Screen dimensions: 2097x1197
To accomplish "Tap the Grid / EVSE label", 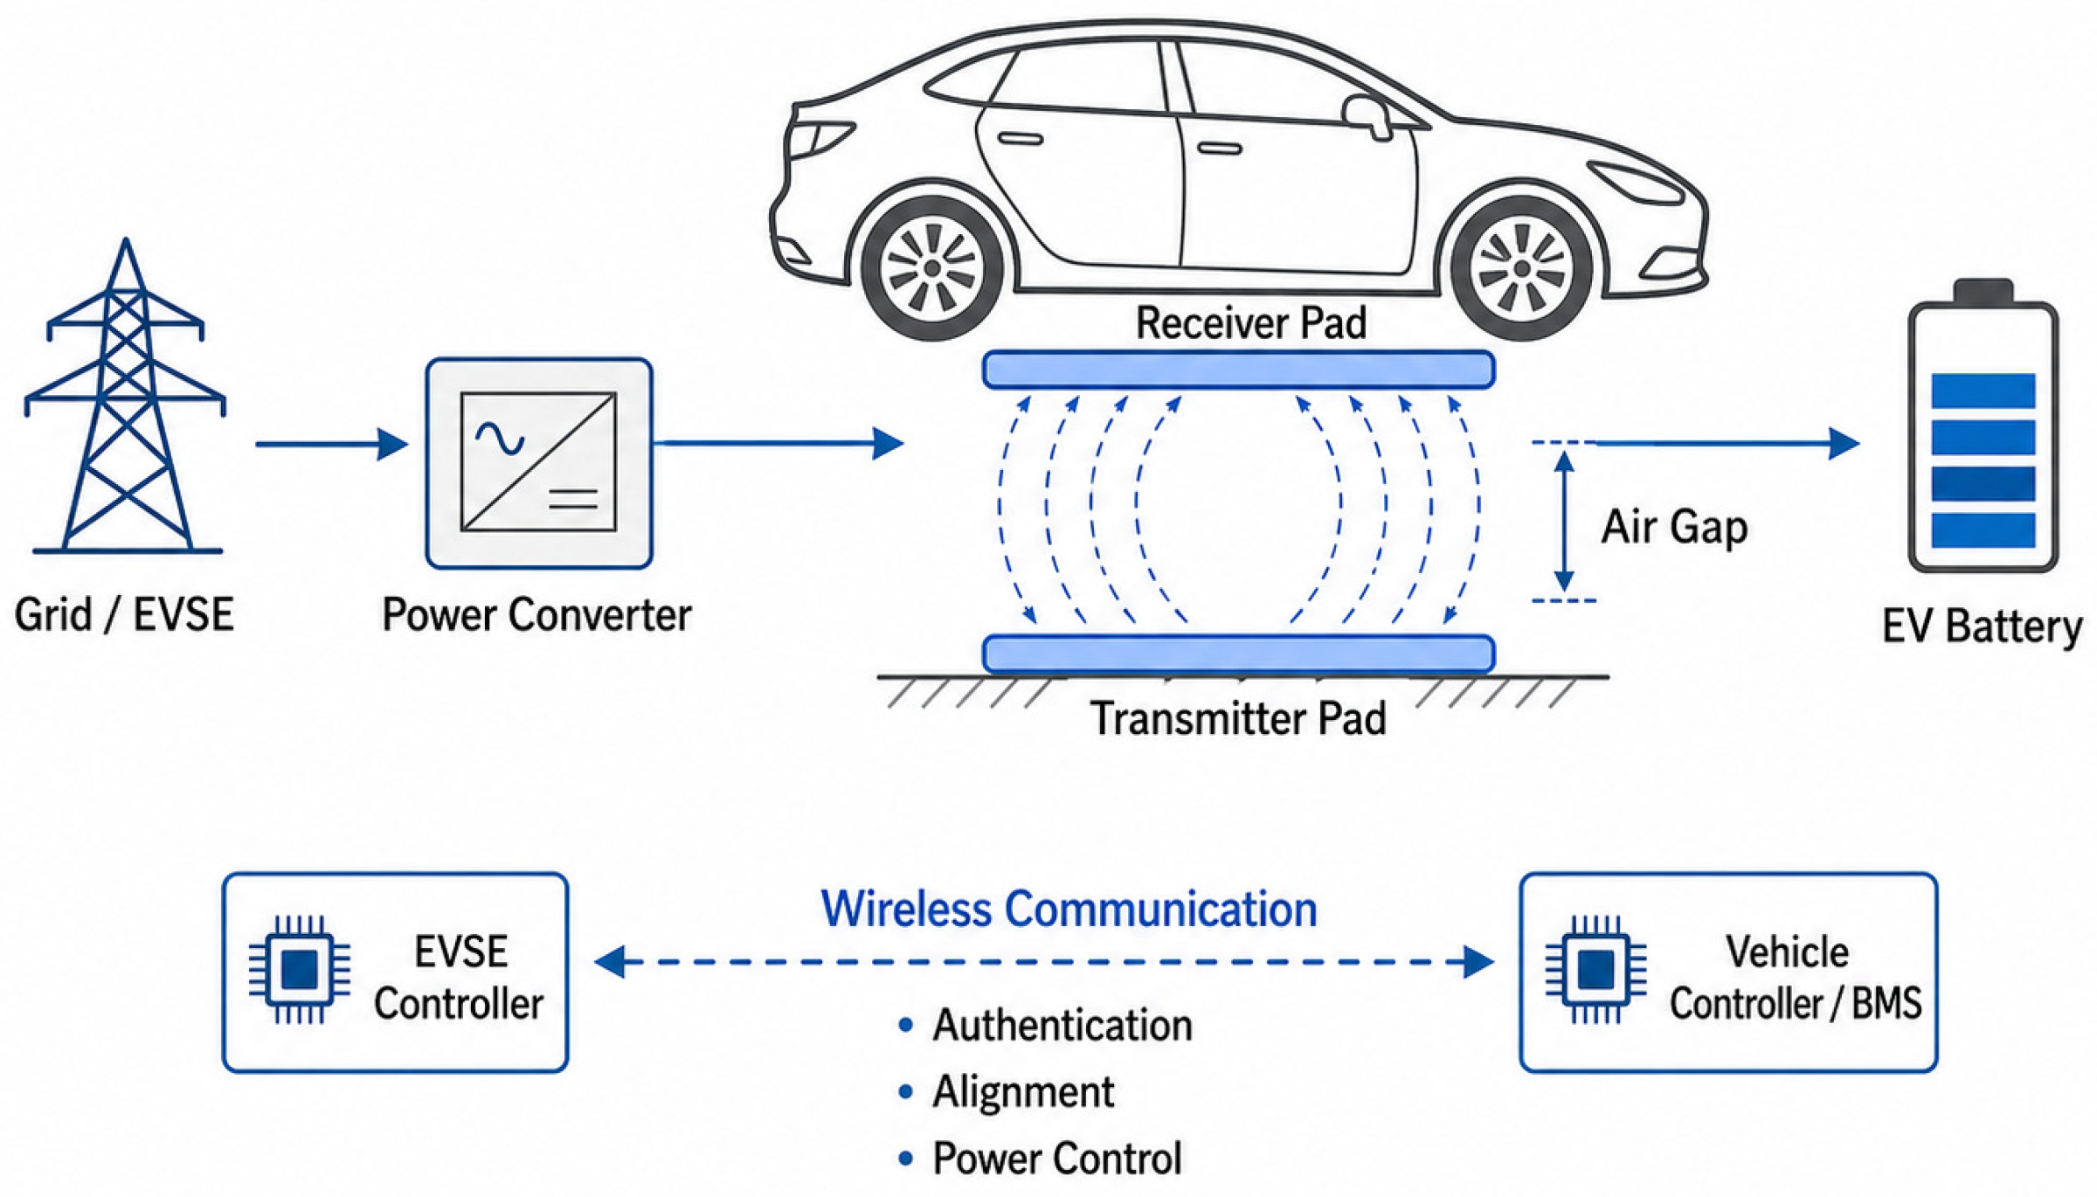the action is click(124, 614).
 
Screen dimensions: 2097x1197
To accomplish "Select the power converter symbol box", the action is click(539, 462).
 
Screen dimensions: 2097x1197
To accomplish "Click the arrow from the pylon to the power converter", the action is click(332, 444).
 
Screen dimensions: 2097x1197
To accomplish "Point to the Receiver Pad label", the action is click(1250, 322).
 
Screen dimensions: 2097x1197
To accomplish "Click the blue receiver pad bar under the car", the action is click(1238, 370).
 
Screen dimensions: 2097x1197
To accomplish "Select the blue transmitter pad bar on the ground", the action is click(1238, 654).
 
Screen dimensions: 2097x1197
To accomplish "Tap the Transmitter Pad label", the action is click(1238, 718).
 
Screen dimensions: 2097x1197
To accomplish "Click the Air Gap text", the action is click(1673, 527).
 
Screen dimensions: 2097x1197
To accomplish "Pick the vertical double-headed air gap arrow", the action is click(1564, 522).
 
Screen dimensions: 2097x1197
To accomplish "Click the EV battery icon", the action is click(1983, 426).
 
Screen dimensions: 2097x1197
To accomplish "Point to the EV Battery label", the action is click(1982, 626).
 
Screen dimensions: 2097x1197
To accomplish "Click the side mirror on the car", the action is click(1368, 117).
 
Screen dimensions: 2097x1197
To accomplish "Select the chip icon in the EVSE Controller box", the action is click(300, 969).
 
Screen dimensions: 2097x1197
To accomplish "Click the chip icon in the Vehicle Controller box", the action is click(1595, 969).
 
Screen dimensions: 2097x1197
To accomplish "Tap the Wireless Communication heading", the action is click(1069, 909).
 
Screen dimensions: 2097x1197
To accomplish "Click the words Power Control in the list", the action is click(1057, 1159).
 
